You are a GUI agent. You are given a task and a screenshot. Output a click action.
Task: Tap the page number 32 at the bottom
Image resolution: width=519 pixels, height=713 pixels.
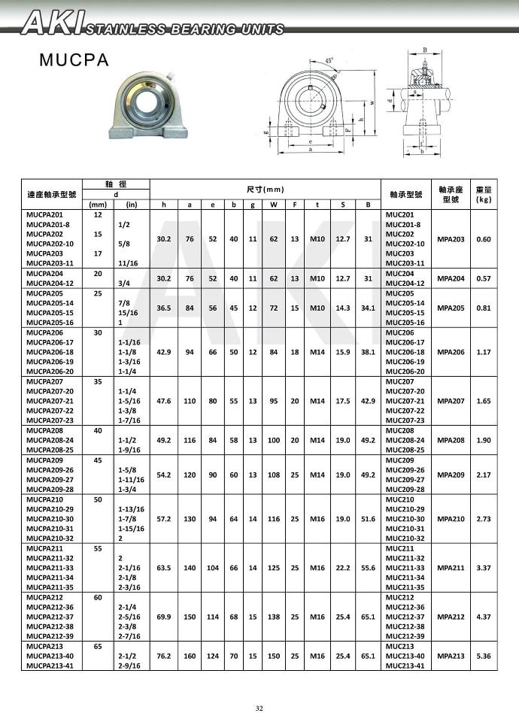[259, 708]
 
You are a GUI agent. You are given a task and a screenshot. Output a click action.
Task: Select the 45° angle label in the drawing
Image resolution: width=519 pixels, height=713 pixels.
[329, 60]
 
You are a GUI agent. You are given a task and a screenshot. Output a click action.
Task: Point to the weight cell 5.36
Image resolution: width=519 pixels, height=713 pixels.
[484, 656]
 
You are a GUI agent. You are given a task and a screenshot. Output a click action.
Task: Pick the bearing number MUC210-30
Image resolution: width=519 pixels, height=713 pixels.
[405, 518]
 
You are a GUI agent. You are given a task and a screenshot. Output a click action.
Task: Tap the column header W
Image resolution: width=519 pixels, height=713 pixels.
[274, 204]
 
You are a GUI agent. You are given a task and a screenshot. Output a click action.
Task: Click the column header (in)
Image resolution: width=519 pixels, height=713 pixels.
[131, 204]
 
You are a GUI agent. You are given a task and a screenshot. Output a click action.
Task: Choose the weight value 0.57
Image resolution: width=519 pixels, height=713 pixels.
[484, 278]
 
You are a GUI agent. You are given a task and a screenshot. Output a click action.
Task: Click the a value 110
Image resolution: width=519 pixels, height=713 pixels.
[190, 402]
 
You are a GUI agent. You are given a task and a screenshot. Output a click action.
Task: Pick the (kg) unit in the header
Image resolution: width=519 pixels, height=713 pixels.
[484, 199]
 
